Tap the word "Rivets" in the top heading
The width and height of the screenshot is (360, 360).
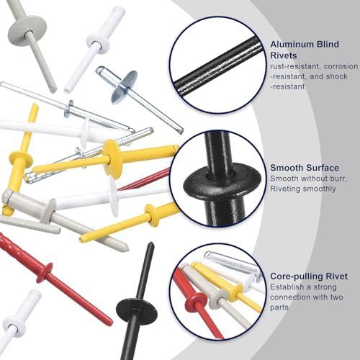[284, 55]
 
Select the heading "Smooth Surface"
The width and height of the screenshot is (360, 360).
[305, 168]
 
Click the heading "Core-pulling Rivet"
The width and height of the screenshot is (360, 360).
[309, 276]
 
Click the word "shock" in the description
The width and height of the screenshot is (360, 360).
[337, 76]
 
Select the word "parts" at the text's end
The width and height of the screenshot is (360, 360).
[279, 307]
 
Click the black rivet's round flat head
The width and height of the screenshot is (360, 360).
[137, 310]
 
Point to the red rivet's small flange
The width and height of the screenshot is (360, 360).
[45, 272]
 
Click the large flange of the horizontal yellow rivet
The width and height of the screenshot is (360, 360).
[112, 159]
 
